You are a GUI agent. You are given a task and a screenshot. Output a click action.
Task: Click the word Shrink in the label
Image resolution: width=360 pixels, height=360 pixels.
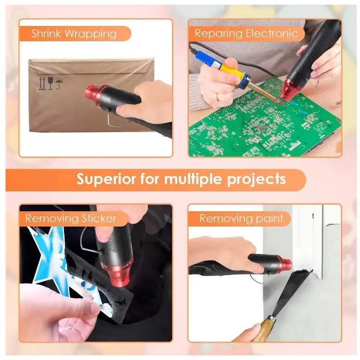[x=46, y=33]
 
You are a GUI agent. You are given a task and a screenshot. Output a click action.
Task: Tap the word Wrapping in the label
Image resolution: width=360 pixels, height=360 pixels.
[x=90, y=34]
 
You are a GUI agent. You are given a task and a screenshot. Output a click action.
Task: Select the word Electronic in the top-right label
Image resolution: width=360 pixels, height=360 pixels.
[x=272, y=33]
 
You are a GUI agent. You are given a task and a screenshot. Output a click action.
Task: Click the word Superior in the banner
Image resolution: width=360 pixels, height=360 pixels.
[x=106, y=179]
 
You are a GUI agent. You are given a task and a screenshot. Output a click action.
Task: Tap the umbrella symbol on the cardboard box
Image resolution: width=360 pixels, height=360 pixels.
[x=59, y=83]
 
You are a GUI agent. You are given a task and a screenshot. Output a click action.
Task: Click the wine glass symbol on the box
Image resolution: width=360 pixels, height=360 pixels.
[x=51, y=83]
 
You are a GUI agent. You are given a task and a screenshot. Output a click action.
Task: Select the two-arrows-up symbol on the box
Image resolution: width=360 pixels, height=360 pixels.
[x=42, y=83]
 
